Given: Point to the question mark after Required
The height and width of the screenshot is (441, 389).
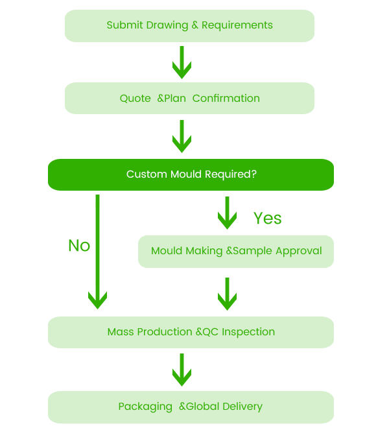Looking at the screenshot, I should tap(255, 174).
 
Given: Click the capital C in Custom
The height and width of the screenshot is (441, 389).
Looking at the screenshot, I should tap(130, 174).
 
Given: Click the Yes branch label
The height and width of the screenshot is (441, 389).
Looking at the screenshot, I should tap(268, 219).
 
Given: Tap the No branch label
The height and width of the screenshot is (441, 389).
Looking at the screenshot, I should tap(78, 246).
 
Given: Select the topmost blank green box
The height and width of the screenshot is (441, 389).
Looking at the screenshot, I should tap(189, 26).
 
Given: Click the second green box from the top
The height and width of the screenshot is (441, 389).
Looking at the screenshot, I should tap(189, 98).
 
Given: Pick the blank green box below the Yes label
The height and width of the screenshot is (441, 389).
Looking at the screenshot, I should tap(235, 252).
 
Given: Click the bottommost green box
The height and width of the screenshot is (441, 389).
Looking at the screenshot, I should tap(191, 407).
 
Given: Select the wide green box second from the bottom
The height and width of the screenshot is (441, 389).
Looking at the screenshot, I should tap(191, 332).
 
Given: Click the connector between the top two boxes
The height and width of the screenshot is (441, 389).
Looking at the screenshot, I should tap(182, 62).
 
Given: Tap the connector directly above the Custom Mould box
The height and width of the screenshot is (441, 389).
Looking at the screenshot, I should tap(182, 136).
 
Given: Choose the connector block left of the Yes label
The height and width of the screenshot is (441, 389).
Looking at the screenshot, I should tap(227, 213).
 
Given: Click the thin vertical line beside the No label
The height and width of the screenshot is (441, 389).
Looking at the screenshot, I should tap(98, 233).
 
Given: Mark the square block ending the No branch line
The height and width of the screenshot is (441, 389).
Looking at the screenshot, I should tap(97, 292).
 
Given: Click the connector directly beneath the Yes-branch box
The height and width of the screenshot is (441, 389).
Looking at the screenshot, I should tap(227, 294).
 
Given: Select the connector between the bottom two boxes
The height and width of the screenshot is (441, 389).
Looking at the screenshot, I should tap(182, 370).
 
